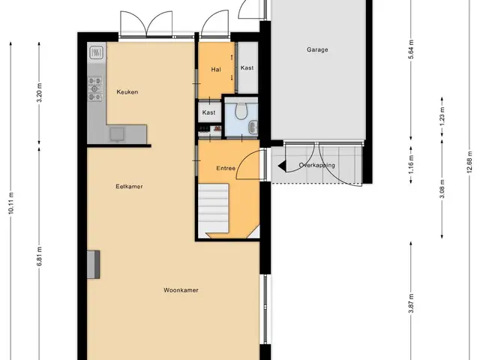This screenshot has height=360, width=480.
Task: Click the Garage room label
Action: click(x=317, y=49)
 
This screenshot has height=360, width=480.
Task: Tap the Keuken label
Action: click(x=127, y=91)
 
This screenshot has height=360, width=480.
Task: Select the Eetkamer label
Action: click(x=129, y=187)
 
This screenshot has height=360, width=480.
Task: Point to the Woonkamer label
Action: click(x=181, y=290)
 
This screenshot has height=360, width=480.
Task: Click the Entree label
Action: click(x=226, y=168)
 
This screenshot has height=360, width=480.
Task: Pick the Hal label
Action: click(x=216, y=70)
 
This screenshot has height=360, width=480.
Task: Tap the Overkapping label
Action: click(x=316, y=165)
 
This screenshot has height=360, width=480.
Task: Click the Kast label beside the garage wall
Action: click(x=247, y=67)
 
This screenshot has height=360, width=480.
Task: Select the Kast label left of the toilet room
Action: click(x=208, y=112)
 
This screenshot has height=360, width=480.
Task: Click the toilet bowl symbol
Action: click(x=241, y=110)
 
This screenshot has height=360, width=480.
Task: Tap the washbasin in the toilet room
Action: click(x=253, y=127)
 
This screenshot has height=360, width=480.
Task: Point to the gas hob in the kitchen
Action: click(x=95, y=88)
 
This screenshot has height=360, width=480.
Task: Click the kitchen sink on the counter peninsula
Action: click(x=117, y=135)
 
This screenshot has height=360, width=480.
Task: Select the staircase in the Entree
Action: click(x=214, y=208)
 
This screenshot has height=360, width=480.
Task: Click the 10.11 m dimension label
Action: click(x=11, y=202)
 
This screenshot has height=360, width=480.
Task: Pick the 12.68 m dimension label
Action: click(x=469, y=162)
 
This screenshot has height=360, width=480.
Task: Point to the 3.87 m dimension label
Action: click(x=412, y=303)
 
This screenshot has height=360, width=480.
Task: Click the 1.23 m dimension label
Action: click(x=442, y=116)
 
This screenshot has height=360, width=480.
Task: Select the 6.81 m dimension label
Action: click(x=40, y=256)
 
